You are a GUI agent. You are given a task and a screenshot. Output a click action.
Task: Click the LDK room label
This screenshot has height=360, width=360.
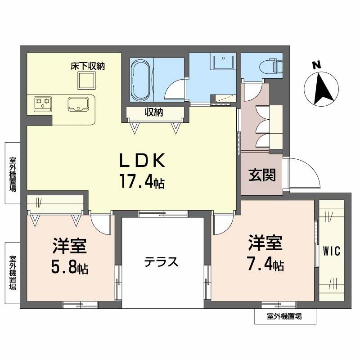[x=143, y=161]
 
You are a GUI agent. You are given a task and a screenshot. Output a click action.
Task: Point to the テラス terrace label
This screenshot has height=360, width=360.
[x=162, y=262]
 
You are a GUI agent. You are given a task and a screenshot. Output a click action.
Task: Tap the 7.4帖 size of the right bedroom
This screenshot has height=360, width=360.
[x=265, y=265]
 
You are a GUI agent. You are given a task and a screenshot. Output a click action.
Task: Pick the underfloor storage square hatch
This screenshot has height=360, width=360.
[x=87, y=81]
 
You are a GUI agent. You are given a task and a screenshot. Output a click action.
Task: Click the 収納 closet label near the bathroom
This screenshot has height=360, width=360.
[x=153, y=112]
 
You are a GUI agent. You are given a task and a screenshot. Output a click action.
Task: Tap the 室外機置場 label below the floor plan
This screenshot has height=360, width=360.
[x=284, y=316]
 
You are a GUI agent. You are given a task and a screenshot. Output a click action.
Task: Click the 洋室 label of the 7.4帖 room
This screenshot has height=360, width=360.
[x=265, y=243]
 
